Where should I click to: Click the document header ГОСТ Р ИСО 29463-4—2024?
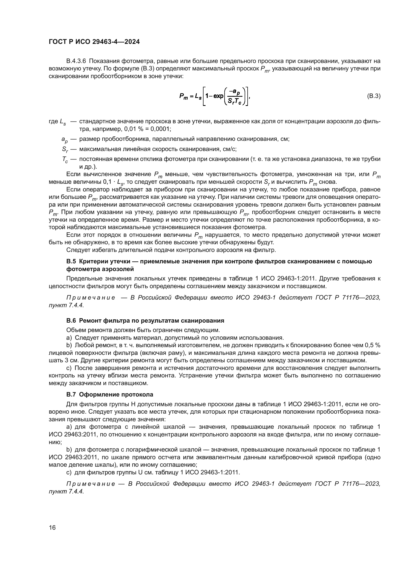[x=94, y=42]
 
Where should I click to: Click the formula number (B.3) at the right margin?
[x=373, y=96]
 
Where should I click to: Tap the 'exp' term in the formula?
[x=218, y=96]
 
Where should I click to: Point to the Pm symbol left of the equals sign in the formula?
[x=183, y=96]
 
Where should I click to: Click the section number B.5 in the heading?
[x=71, y=261]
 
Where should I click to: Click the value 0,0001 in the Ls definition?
[x=161, y=129]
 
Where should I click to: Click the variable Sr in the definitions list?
[x=65, y=150]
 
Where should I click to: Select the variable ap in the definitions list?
[x=64, y=139]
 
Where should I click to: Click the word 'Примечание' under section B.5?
[x=91, y=298]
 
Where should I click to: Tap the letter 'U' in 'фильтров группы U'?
[x=140, y=472]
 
